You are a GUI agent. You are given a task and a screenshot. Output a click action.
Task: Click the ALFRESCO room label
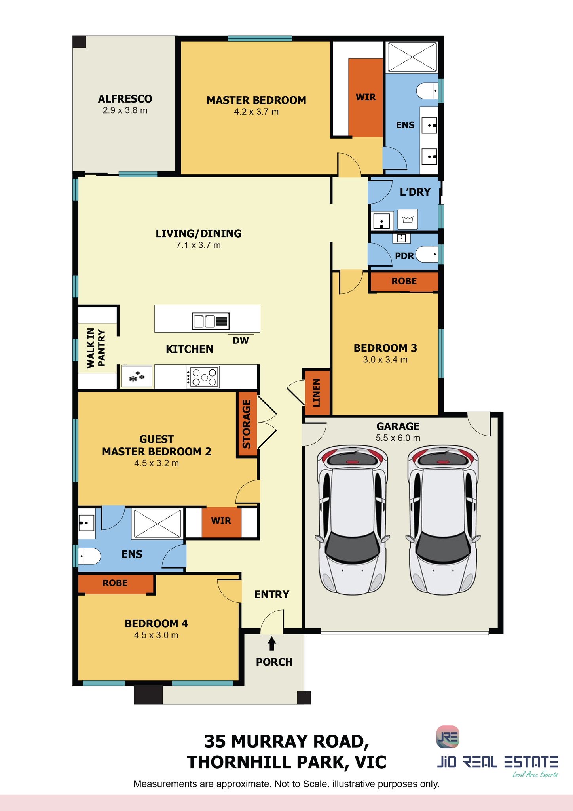click(125, 99)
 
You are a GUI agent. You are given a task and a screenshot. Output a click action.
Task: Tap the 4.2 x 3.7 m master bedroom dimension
click(256, 112)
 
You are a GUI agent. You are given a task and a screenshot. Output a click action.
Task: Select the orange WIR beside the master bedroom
click(366, 97)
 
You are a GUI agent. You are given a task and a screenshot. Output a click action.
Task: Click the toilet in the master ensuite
click(427, 91)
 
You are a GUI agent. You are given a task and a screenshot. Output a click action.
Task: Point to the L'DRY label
click(415, 192)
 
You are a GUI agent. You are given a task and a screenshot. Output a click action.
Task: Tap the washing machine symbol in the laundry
click(408, 219)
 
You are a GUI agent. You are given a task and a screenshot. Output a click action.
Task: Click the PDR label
click(404, 256)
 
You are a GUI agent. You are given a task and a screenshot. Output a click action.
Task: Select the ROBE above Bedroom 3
click(404, 281)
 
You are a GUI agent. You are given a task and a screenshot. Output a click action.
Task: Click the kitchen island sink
click(211, 321)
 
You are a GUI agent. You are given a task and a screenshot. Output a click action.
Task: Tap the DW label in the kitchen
click(241, 341)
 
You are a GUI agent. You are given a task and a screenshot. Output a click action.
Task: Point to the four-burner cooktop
click(203, 377)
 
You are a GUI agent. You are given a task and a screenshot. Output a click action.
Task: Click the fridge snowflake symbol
click(137, 376)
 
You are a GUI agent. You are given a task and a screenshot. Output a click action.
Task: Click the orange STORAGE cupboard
click(247, 424)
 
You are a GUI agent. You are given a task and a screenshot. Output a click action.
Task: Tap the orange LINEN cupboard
click(317, 392)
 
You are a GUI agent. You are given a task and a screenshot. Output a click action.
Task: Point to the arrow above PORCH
click(272, 643)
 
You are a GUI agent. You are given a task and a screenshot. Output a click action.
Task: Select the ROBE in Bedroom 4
click(116, 583)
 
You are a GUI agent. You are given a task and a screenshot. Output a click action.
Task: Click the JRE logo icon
click(448, 737)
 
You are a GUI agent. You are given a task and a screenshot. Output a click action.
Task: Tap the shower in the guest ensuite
click(157, 523)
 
